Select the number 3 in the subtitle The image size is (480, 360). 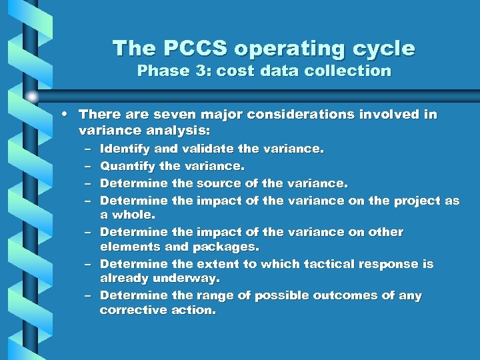point(199,71)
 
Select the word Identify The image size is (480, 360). point(125,149)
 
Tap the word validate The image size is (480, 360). point(193,149)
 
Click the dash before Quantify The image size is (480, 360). point(89,165)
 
